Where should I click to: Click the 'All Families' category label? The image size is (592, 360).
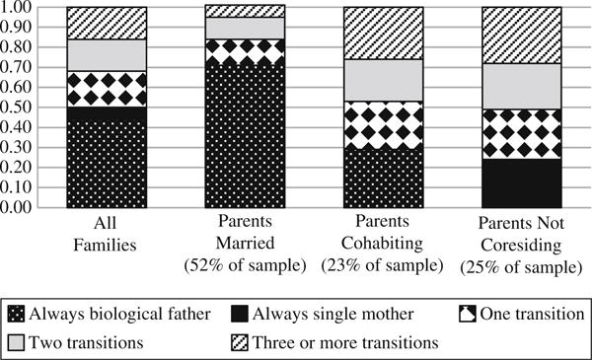tap(107, 234)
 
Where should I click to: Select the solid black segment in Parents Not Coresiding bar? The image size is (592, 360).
tap(520, 183)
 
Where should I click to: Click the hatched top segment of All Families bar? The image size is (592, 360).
tap(107, 23)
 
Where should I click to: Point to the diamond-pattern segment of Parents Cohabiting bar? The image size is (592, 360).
tap(382, 124)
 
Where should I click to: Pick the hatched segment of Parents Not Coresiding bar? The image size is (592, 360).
tap(520, 35)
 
